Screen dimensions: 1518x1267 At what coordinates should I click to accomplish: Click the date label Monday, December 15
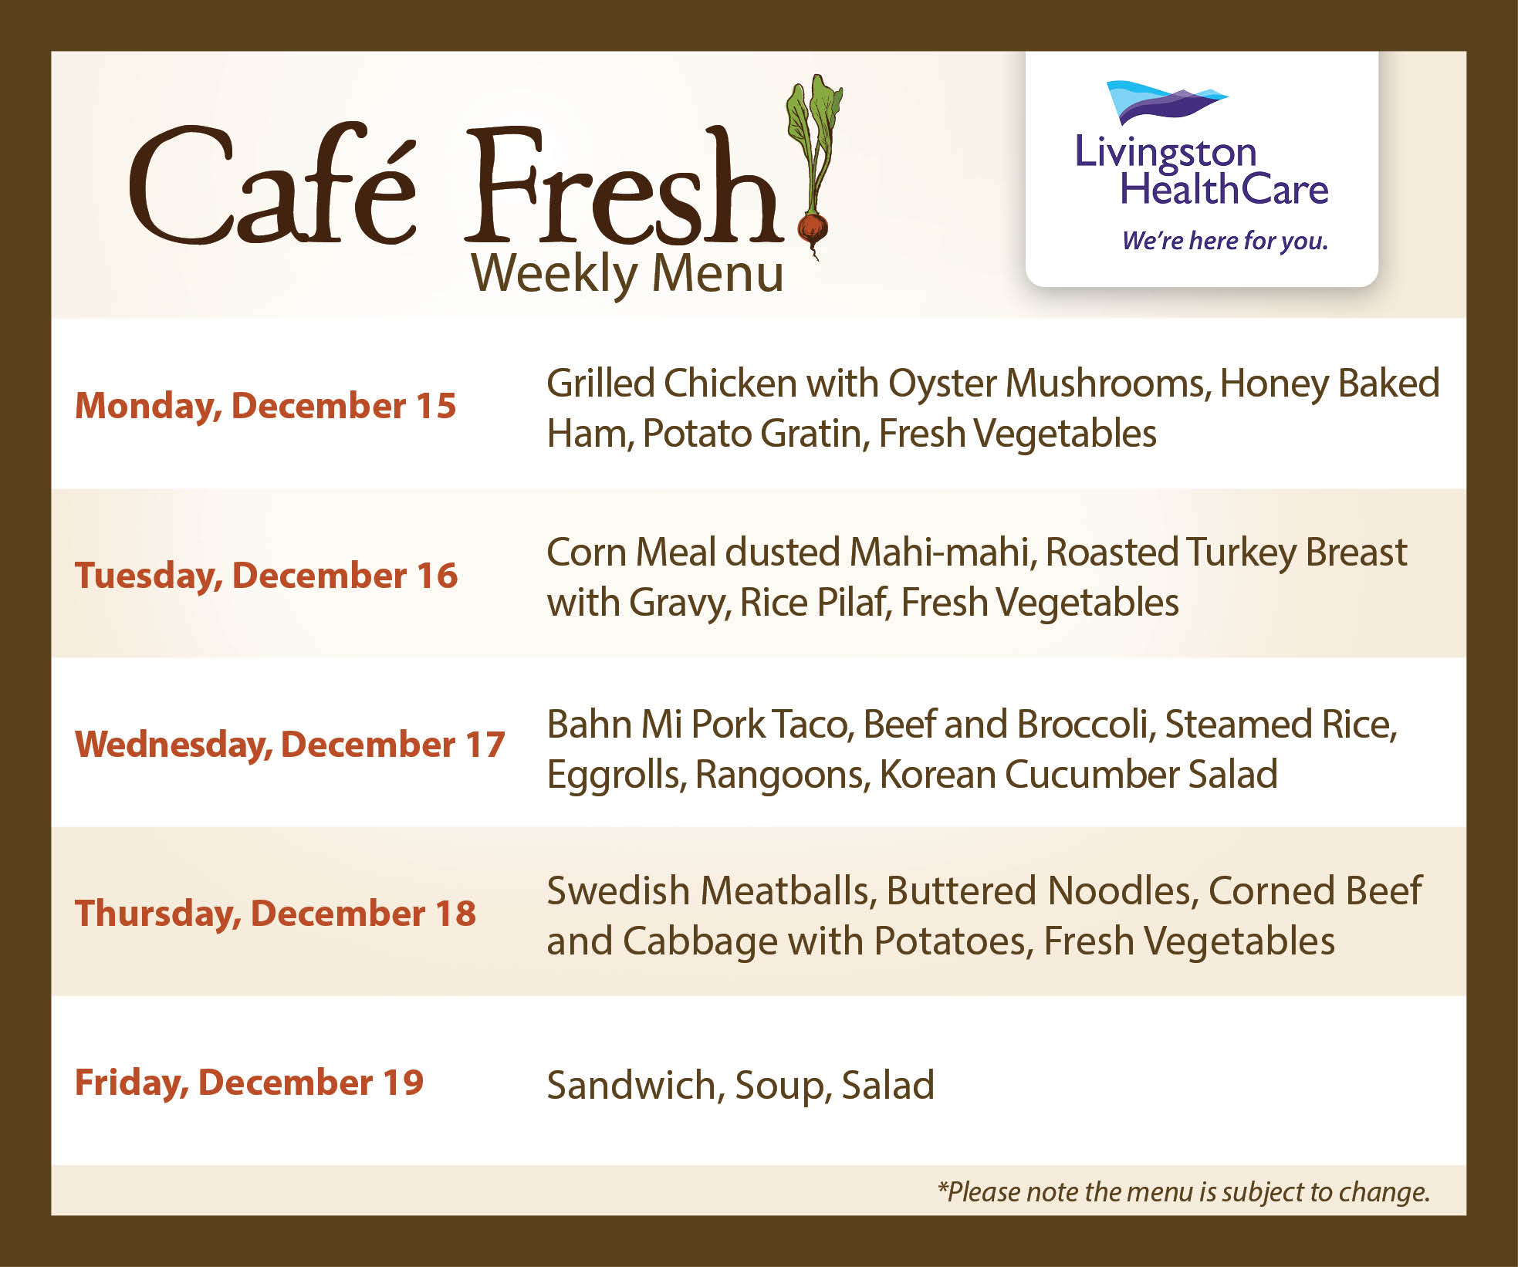coord(265,407)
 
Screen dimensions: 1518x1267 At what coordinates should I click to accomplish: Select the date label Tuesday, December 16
coord(266,576)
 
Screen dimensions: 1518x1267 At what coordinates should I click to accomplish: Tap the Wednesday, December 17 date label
coord(290,745)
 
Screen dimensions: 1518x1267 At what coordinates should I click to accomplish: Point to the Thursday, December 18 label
coord(276,914)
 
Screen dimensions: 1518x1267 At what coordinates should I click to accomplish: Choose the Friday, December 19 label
coord(249,1083)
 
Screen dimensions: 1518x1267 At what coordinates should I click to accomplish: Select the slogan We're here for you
coord(1225,241)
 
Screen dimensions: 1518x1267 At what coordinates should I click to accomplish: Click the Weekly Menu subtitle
coord(627,275)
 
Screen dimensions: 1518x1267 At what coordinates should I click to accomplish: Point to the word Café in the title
coord(273,185)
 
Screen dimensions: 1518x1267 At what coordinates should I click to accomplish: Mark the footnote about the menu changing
coord(1183,1192)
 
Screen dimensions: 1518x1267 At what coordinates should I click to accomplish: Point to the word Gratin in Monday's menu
coord(816,434)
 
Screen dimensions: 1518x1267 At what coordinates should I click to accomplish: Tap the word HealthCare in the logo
coord(1224,190)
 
